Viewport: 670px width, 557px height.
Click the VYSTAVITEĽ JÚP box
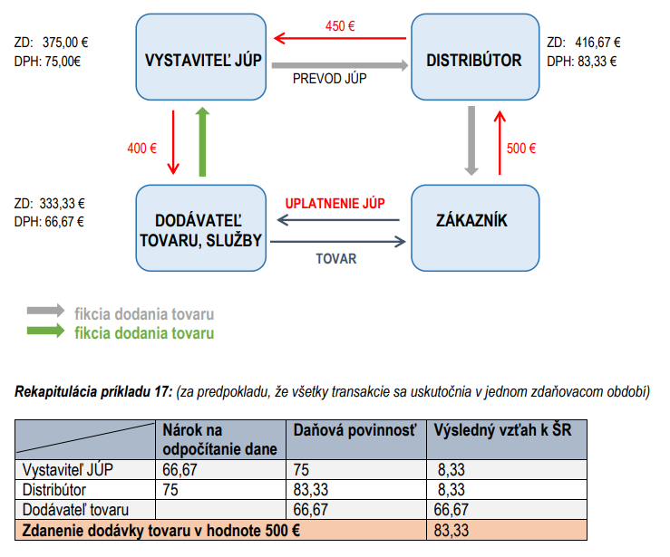click(201, 57)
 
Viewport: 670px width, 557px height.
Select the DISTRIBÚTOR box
click(475, 57)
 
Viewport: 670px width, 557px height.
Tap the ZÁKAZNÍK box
click(475, 228)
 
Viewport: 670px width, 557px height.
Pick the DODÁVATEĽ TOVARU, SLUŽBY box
click(201, 228)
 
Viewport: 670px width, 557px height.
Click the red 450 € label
click(340, 26)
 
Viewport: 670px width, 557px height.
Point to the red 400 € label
click(141, 149)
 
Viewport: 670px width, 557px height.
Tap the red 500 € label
click(521, 149)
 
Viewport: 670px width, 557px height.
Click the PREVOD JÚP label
click(329, 79)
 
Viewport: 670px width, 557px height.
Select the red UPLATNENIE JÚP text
click(335, 203)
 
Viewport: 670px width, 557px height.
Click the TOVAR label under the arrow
click(336, 259)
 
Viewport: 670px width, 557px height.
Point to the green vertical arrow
click(202, 141)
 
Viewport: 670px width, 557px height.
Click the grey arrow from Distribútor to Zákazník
click(471, 141)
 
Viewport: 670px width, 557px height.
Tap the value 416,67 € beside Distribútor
click(597, 43)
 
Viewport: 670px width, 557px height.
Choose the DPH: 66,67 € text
click(49, 222)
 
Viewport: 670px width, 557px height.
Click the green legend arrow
click(45, 331)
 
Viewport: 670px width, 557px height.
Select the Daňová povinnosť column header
click(354, 430)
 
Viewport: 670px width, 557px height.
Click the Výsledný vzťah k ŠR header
click(502, 430)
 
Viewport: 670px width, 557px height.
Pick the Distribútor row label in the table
click(54, 490)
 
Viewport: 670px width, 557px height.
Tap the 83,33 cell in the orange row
click(452, 531)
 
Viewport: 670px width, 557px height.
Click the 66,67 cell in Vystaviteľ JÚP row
click(180, 470)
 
